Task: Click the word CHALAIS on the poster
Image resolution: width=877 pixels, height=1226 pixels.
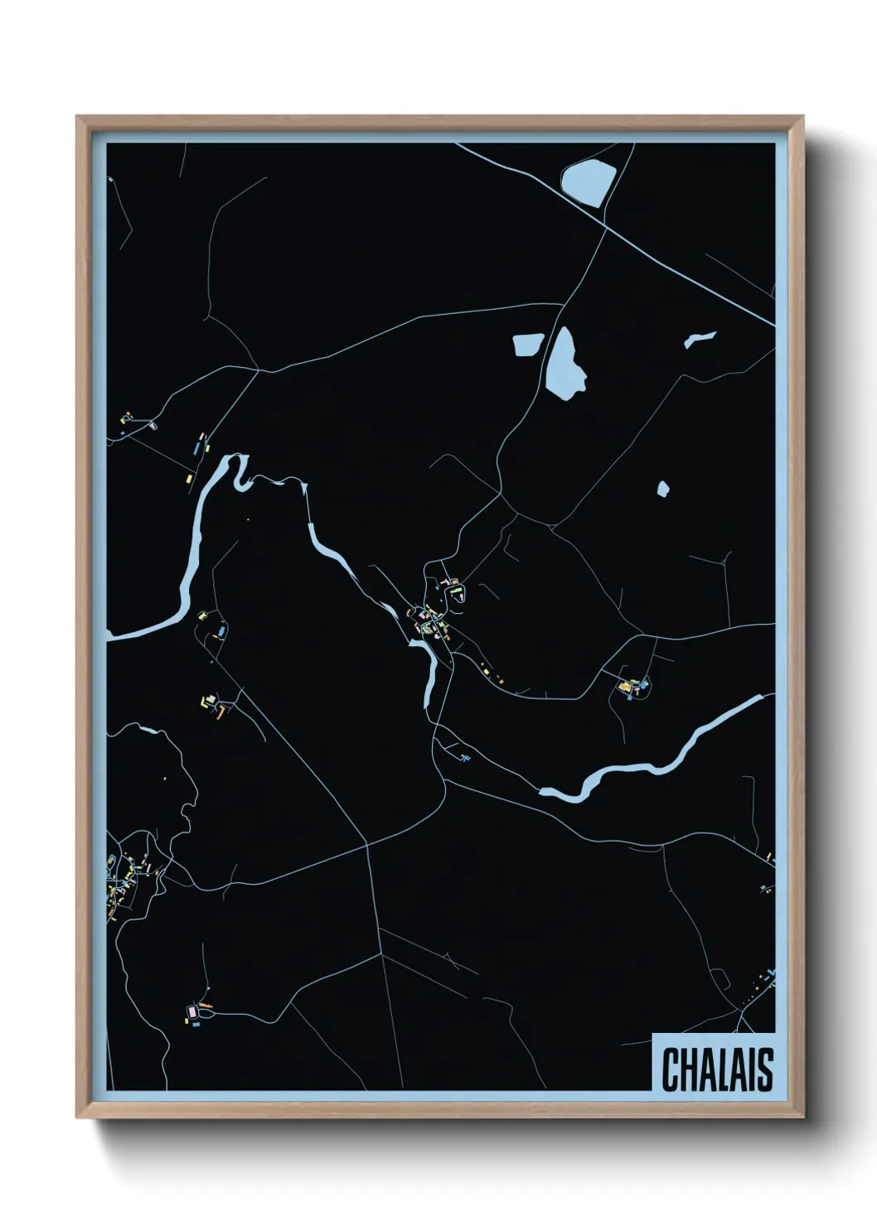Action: click(x=717, y=1069)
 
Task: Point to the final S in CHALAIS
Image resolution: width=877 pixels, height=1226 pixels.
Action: click(x=765, y=1069)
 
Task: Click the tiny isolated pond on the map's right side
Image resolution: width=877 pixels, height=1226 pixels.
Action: click(x=663, y=489)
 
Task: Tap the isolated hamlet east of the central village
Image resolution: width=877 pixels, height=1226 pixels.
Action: click(x=634, y=687)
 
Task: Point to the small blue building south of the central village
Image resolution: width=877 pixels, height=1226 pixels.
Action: click(x=464, y=757)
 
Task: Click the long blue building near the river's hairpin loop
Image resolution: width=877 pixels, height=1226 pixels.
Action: click(x=196, y=447)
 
